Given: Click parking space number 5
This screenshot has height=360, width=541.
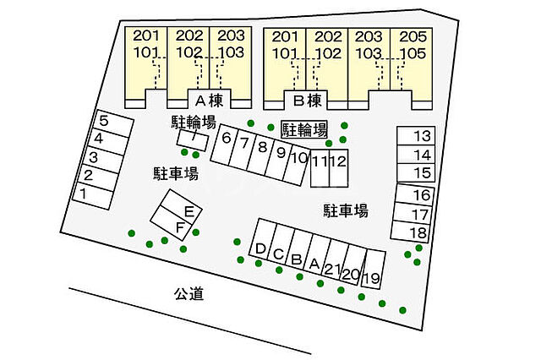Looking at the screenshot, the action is [x=104, y=120].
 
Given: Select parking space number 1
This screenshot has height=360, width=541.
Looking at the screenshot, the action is [x=84, y=194].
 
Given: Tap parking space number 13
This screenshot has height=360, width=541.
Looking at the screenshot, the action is [x=422, y=136].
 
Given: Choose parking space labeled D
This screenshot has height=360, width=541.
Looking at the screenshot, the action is [x=260, y=249].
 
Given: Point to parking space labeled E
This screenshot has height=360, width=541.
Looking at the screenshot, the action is [x=189, y=210].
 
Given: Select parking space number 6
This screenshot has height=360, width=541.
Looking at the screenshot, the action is [x=227, y=138].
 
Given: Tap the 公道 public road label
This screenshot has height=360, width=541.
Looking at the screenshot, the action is [x=189, y=294].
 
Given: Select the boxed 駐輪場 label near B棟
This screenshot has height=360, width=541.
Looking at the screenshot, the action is [x=304, y=129].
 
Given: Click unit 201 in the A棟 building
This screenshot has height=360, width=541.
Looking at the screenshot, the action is [x=146, y=36].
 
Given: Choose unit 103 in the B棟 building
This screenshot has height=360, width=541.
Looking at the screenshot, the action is [x=369, y=52].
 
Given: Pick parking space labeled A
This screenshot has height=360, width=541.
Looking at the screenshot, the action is [x=314, y=264].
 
